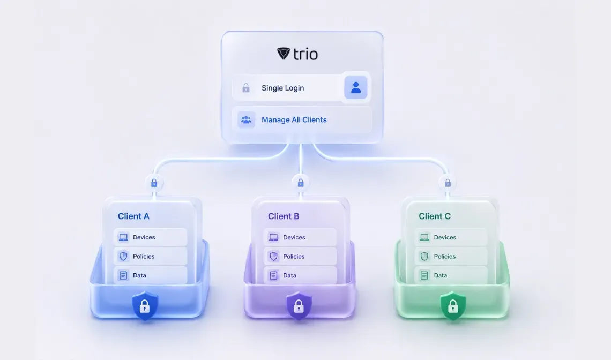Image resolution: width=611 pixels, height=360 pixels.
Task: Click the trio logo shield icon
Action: tap(284, 54)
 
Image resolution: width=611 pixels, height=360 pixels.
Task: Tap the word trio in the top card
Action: tap(305, 54)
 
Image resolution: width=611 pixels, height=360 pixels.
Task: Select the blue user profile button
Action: tap(356, 87)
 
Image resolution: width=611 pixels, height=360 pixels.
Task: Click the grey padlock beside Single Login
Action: tap(246, 88)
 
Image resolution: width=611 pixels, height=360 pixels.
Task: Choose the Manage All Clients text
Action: tap(294, 119)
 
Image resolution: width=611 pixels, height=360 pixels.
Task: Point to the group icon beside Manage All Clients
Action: tap(246, 119)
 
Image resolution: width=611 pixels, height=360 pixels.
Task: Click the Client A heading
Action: tap(133, 216)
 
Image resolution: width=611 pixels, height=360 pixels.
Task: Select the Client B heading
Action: tap(284, 216)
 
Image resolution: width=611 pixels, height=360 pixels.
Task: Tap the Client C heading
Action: tap(435, 216)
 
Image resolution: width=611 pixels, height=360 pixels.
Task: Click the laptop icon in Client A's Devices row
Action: tap(123, 237)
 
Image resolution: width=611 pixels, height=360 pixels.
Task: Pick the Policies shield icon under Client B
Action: tap(273, 257)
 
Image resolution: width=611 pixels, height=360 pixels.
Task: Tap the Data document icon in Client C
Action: tap(424, 275)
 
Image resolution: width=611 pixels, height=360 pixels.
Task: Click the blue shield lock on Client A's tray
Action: tap(145, 306)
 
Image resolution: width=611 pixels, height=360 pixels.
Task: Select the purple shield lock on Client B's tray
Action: tap(299, 306)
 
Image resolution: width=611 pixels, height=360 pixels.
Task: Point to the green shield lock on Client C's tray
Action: tap(453, 306)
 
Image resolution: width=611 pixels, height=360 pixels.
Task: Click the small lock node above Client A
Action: tap(154, 183)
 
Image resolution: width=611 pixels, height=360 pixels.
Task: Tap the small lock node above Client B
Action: tap(301, 183)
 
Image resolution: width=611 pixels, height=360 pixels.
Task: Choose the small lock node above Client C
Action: tap(448, 183)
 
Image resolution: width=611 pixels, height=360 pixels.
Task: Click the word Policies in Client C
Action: tap(445, 257)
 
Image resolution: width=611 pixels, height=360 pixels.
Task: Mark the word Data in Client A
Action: tap(139, 275)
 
